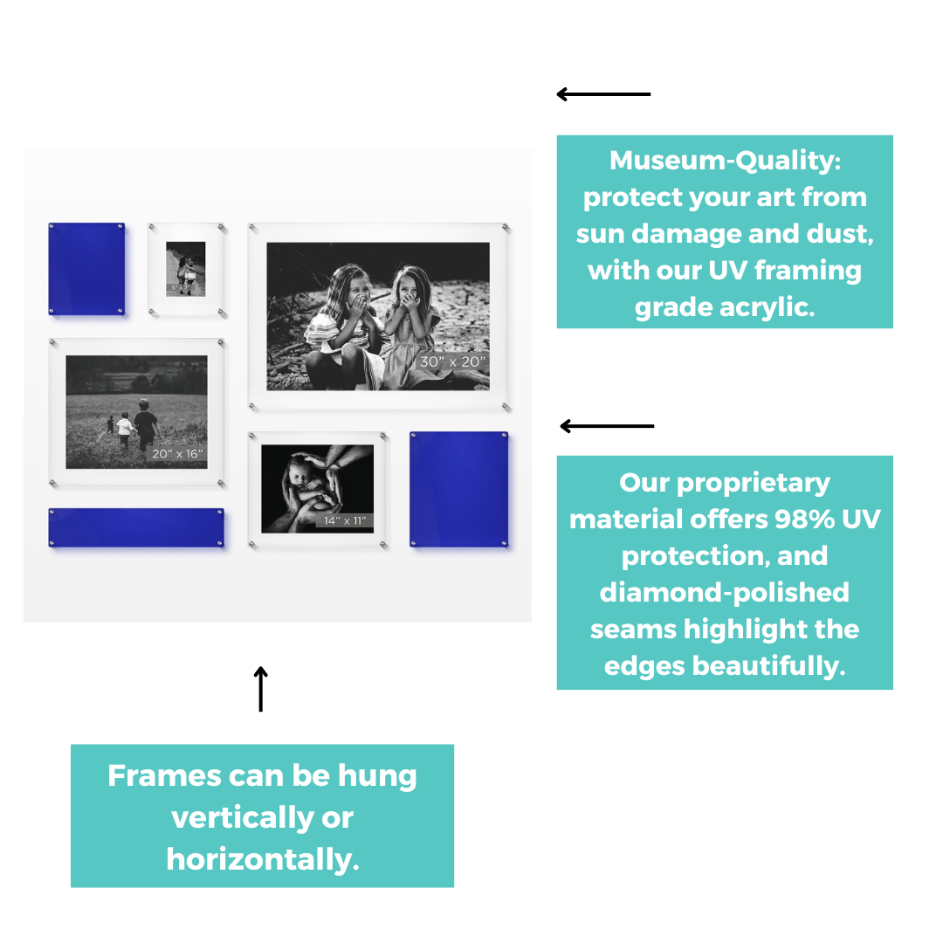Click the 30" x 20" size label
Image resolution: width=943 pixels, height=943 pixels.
coord(452,361)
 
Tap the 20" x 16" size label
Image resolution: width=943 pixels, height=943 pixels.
coord(177,453)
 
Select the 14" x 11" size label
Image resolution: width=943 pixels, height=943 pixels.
coord(345,520)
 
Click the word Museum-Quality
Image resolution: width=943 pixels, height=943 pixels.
coord(725,161)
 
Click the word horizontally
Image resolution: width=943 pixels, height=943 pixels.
coord(263,859)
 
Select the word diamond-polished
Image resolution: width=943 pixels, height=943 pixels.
coord(724,592)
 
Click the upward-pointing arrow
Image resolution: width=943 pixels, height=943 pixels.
coord(260,689)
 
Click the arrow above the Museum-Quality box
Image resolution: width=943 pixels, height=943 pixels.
coord(603,93)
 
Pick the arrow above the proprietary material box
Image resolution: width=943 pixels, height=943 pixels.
coord(607,426)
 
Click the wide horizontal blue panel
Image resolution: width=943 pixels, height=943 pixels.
coord(136,527)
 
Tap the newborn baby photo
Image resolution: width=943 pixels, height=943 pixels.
coord(317,488)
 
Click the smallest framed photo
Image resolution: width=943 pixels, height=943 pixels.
coord(185,269)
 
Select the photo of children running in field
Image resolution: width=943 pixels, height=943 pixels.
coord(136,412)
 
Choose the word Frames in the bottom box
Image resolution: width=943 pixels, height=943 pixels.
coord(164,775)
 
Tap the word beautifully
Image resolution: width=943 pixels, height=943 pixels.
coord(768,666)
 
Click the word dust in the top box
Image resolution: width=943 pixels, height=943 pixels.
coord(840,234)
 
